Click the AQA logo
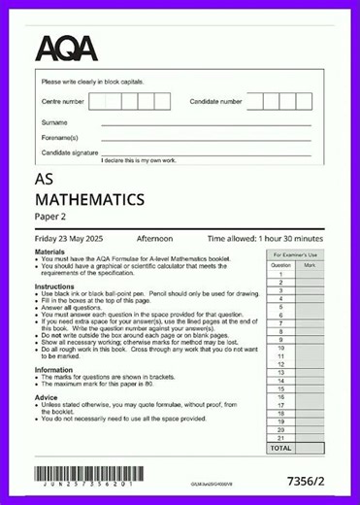pyautogui.click(x=68, y=48)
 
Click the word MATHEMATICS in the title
pyautogui.click(x=89, y=200)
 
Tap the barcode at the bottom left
pyautogui.click(x=83, y=476)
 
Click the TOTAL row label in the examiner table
pyautogui.click(x=280, y=449)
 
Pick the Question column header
pyautogui.click(x=280, y=264)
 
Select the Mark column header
pyautogui.click(x=310, y=264)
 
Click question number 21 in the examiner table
pyautogui.click(x=280, y=439)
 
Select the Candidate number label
pyautogui.click(x=216, y=101)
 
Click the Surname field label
pyautogui.click(x=54, y=123)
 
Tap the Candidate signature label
pyautogui.click(x=70, y=152)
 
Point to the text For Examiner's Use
pyautogui.click(x=294, y=254)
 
